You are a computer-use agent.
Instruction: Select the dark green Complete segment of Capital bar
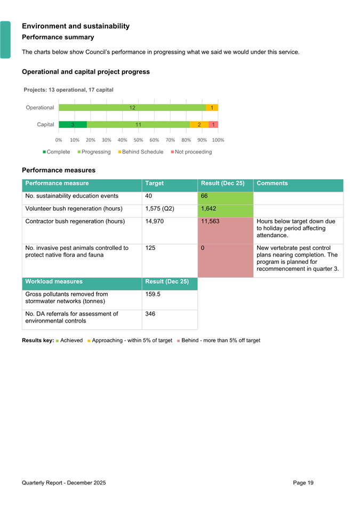pyautogui.click(x=73, y=125)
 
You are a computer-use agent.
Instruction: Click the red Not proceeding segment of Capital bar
pyautogui.click(x=213, y=125)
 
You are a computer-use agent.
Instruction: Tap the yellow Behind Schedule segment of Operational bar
pyautogui.click(x=212, y=108)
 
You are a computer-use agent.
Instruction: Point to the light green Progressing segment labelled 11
pyautogui.click(x=138, y=125)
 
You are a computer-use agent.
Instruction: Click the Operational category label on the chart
pyautogui.click(x=40, y=108)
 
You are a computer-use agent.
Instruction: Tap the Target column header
pyautogui.click(x=154, y=183)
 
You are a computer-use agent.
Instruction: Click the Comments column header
pyautogui.click(x=272, y=183)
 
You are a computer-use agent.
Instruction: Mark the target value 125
pyautogui.click(x=150, y=248)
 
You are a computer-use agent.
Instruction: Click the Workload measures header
pyautogui.click(x=54, y=281)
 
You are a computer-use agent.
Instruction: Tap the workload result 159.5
pyautogui.click(x=153, y=294)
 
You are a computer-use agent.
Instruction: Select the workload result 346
pyautogui.click(x=150, y=314)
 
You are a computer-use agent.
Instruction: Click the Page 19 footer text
pyautogui.click(x=303, y=483)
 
